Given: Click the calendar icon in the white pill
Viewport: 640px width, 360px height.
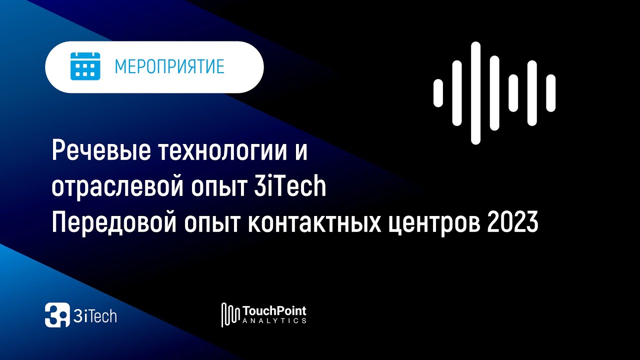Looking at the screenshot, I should (x=85, y=66).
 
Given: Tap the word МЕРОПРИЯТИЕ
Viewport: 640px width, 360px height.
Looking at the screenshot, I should (x=169, y=67).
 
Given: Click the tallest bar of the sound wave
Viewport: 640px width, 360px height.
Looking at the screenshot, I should (x=475, y=93).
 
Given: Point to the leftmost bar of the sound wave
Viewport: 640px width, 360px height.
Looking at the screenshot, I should (x=438, y=93).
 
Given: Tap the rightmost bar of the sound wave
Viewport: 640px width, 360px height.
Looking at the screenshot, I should (x=550, y=93).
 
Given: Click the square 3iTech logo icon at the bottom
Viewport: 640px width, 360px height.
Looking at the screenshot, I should (x=57, y=315).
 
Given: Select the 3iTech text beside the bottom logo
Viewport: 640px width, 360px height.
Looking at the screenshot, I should (x=95, y=316).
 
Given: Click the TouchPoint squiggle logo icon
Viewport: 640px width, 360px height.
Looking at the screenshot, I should (x=230, y=315).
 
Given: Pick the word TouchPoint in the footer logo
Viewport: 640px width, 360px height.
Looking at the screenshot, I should (x=274, y=311).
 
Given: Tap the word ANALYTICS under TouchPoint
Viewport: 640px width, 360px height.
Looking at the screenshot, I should (x=274, y=321).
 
